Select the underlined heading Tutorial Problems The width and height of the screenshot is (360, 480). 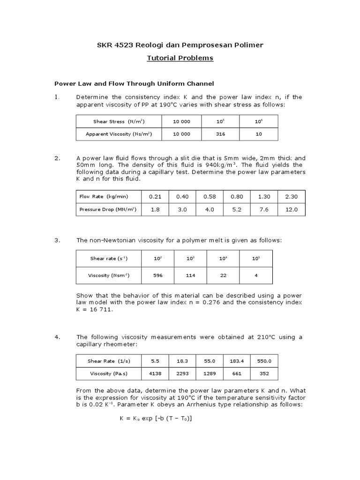point(180,58)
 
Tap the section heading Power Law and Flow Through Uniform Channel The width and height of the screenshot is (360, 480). point(134,83)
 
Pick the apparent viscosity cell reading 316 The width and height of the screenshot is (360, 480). point(220,134)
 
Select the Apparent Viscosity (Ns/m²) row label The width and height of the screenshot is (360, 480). point(119,134)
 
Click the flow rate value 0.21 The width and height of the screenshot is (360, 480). point(155,196)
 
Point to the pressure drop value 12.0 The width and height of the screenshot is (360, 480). point(292,210)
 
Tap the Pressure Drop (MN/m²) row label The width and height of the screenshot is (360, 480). point(108,210)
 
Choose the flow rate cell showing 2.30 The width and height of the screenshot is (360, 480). point(292,196)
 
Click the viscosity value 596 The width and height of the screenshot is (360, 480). point(157,275)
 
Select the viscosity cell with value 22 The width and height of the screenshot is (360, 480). point(223,275)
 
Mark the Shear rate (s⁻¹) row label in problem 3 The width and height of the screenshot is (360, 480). point(109,258)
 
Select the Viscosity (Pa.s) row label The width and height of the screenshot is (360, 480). point(109,374)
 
